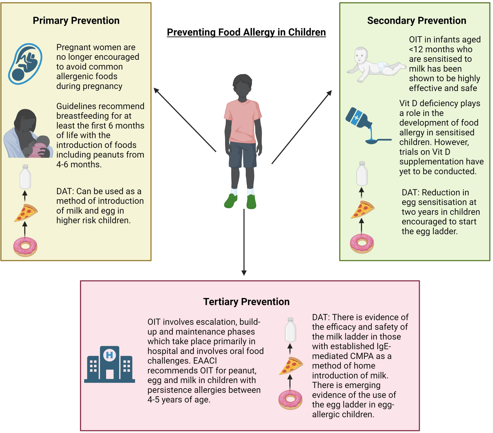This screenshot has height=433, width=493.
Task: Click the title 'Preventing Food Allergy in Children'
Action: (x=246, y=32)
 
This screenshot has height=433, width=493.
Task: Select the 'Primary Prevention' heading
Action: (x=76, y=20)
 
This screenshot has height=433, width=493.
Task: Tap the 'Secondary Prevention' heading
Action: (x=416, y=20)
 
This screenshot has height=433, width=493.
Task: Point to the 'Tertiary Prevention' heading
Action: (x=246, y=302)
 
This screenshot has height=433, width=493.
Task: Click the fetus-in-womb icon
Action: (x=25, y=64)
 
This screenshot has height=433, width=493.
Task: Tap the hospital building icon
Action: (x=109, y=365)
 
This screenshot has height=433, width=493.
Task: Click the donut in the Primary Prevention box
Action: (x=25, y=247)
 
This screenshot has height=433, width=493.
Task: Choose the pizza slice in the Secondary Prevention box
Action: (x=362, y=209)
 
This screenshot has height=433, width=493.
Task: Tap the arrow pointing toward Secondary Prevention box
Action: (x=302, y=127)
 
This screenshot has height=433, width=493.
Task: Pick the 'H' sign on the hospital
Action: (x=109, y=355)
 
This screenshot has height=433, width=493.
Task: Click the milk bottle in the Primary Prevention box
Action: (x=25, y=177)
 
